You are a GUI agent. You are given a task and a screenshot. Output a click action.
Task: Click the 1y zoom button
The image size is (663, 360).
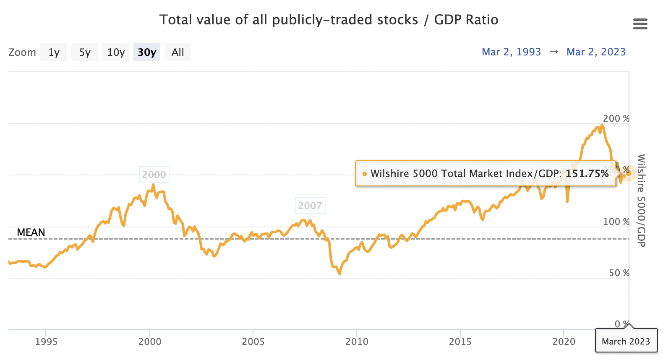pyautogui.click(x=54, y=52)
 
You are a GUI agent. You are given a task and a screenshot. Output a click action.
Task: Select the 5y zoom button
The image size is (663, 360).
pyautogui.click(x=85, y=52)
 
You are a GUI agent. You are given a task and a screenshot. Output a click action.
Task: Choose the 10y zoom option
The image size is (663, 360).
pyautogui.click(x=116, y=52)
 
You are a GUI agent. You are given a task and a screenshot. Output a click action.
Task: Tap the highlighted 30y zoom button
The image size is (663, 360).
pyautogui.click(x=147, y=52)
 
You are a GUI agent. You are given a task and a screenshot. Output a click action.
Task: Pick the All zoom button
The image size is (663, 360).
pyautogui.click(x=178, y=52)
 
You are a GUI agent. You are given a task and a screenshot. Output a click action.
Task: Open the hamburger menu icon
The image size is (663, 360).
pyautogui.click(x=640, y=24)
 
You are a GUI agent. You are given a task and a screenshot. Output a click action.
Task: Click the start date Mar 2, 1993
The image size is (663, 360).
pyautogui.click(x=511, y=52)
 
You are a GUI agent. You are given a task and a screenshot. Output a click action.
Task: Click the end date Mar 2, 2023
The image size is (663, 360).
pyautogui.click(x=596, y=52)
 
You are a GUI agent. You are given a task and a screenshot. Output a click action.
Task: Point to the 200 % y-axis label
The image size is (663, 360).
pyautogui.click(x=616, y=119)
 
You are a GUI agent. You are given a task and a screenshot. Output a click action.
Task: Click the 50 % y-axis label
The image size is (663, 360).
pyautogui.click(x=619, y=273)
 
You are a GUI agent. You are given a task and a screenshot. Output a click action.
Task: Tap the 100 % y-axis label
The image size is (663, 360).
pyautogui.click(x=616, y=222)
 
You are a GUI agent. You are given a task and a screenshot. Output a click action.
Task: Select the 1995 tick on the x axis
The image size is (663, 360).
pyautogui.click(x=46, y=342)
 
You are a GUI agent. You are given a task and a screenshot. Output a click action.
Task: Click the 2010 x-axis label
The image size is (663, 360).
pyautogui.click(x=357, y=342)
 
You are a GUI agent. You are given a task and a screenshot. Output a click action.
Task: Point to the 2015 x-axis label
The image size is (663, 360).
pyautogui.click(x=460, y=342)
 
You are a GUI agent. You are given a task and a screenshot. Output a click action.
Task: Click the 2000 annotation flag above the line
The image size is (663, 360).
pyautogui.click(x=154, y=175)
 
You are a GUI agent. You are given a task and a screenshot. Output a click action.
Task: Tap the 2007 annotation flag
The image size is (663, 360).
pyautogui.click(x=310, y=206)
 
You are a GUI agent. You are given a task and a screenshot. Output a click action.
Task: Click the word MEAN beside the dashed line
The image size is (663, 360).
pyautogui.click(x=31, y=232)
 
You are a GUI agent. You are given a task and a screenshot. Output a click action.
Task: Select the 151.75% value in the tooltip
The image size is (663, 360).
pyautogui.click(x=587, y=174)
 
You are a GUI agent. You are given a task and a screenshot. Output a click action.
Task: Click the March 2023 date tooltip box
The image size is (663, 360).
pyautogui.click(x=626, y=341)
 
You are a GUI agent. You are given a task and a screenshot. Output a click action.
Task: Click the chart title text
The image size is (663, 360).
pyautogui.click(x=329, y=20)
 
